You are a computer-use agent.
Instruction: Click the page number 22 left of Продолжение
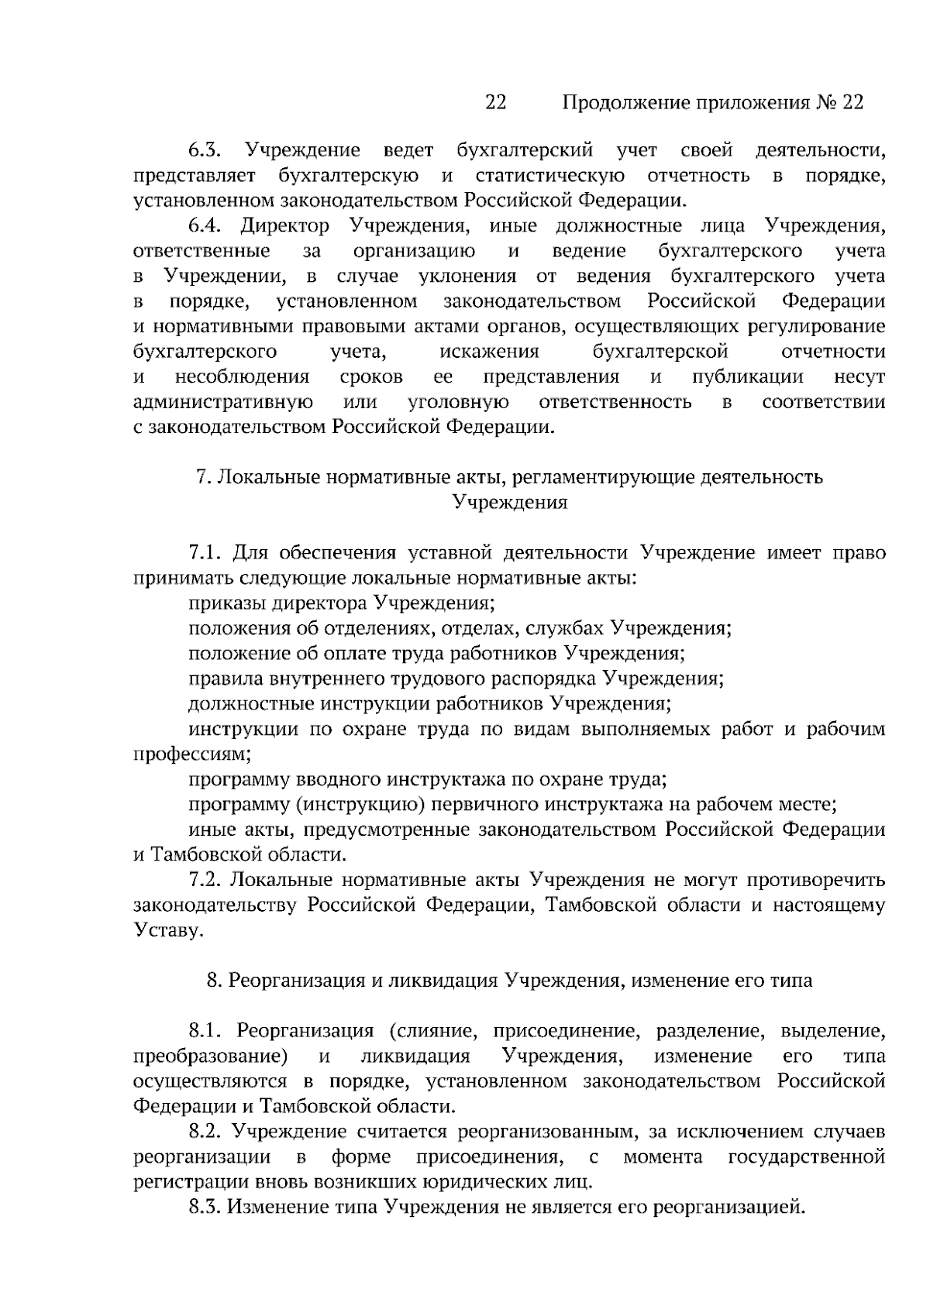point(495,102)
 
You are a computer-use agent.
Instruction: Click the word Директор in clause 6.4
point(284,226)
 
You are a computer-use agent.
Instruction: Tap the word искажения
point(489,352)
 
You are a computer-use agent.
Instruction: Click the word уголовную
point(458,402)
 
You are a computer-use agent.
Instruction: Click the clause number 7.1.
point(205,553)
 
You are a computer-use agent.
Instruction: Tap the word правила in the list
point(224,679)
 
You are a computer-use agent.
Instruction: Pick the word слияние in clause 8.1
point(435,1032)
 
